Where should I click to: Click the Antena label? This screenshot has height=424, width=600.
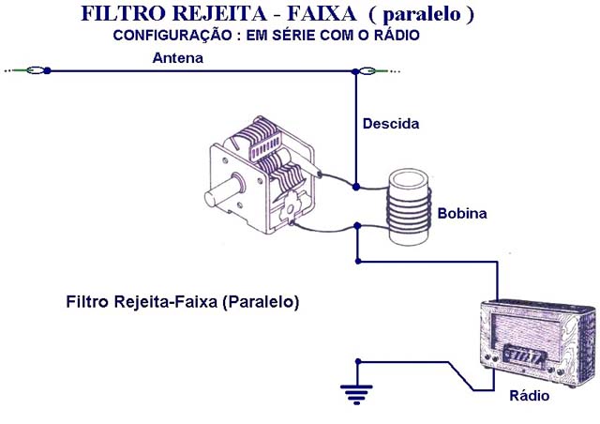(x=178, y=58)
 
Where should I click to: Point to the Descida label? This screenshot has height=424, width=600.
(x=391, y=124)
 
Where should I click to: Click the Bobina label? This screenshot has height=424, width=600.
(x=462, y=213)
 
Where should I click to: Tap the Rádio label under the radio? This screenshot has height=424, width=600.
(x=529, y=397)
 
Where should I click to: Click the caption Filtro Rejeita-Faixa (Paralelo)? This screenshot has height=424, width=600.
(x=183, y=303)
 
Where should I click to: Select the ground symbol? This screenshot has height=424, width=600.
(x=356, y=393)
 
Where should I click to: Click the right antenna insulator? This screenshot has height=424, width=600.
(x=369, y=69)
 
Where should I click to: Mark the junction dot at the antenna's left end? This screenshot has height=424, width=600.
(x=48, y=69)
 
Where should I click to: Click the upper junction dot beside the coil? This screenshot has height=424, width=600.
(x=356, y=188)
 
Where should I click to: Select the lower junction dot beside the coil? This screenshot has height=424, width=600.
(x=356, y=225)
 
